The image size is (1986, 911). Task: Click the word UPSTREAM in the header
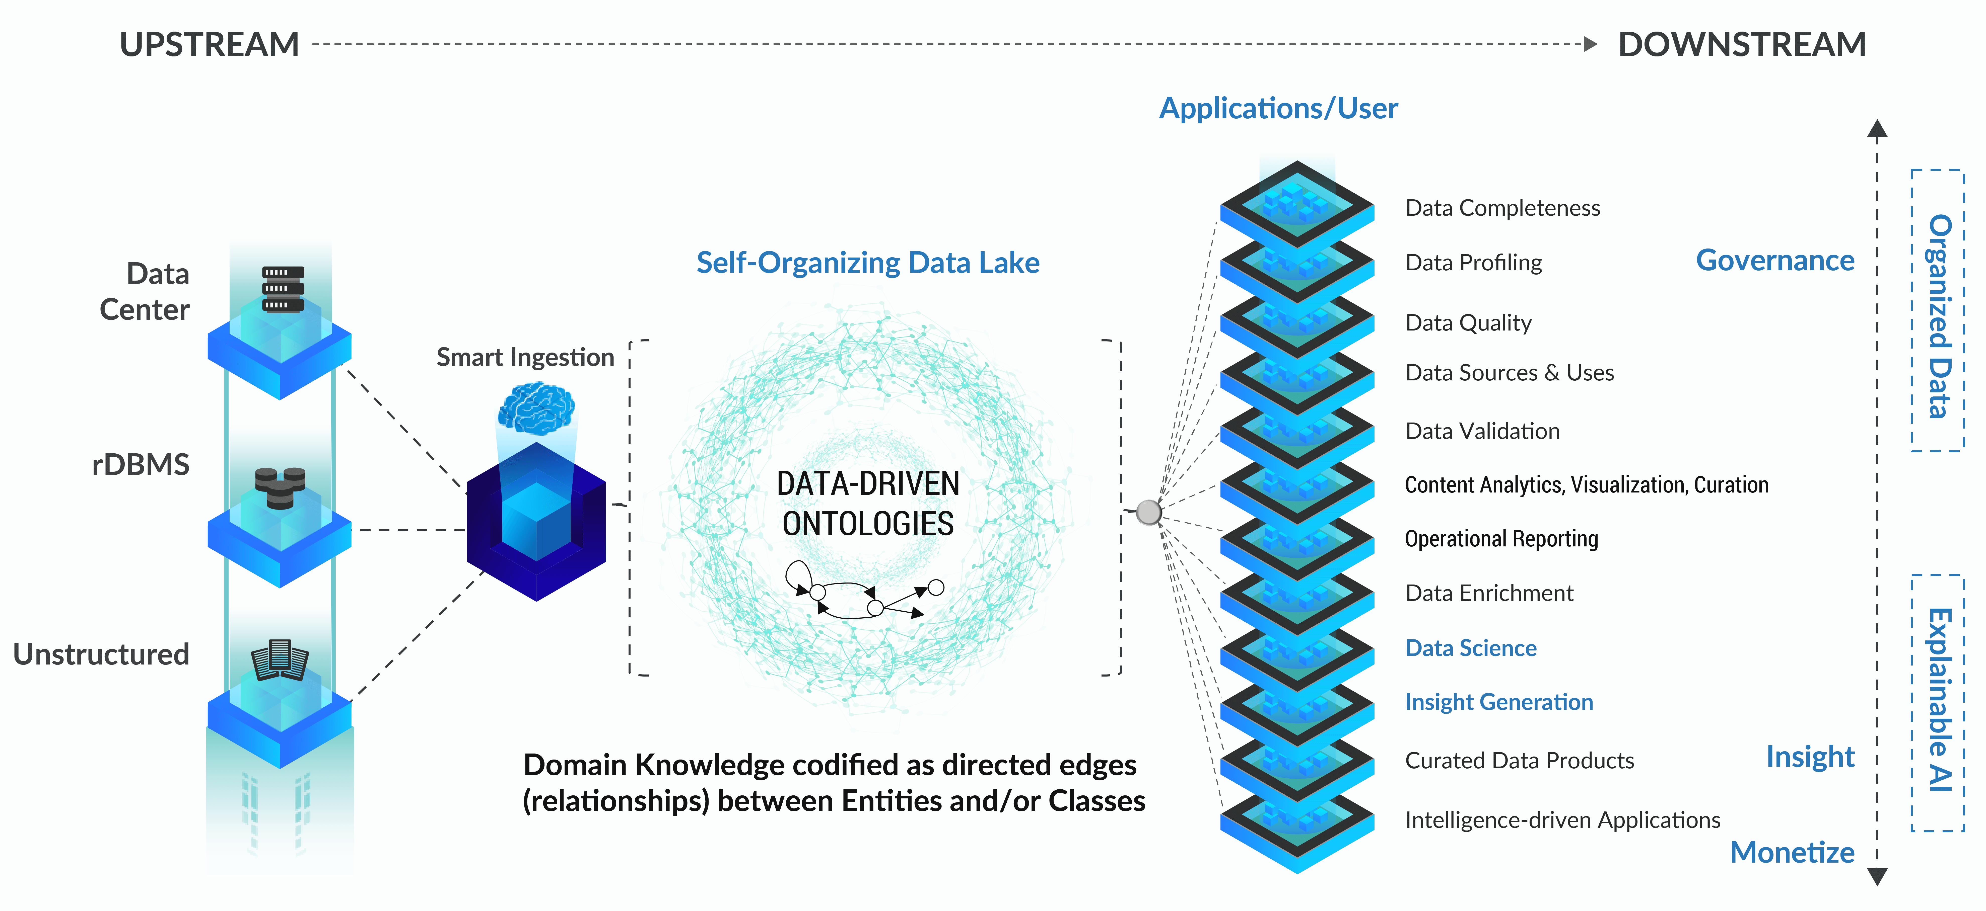209,45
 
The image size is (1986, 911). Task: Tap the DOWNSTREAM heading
1742,45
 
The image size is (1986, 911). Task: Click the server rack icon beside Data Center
283,288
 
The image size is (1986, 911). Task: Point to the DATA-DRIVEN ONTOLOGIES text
868,503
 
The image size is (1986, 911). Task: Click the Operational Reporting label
1501,539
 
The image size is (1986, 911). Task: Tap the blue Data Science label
1470,648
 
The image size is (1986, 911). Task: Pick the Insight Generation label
1499,702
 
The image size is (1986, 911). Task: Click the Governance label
1775,261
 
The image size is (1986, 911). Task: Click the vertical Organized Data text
1938,316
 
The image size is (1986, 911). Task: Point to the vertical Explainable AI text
1938,700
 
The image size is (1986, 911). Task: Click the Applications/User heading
1278,109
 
